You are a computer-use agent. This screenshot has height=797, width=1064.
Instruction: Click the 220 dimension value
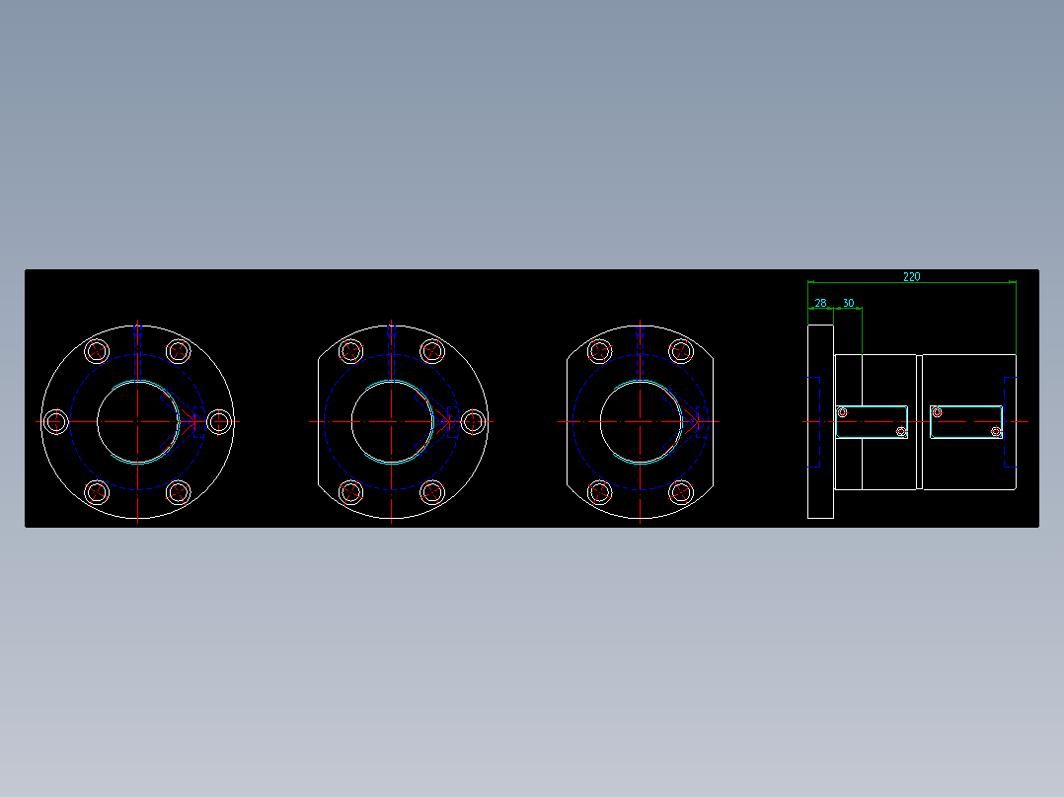(x=911, y=277)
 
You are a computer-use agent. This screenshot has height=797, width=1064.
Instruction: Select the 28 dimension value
(x=820, y=304)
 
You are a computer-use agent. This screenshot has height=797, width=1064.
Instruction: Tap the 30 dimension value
(x=848, y=304)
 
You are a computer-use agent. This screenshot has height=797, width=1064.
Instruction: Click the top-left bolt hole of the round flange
(x=97, y=351)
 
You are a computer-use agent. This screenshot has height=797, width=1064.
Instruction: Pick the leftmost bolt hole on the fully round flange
(x=56, y=422)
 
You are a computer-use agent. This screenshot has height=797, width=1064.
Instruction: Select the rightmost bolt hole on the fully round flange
(x=219, y=422)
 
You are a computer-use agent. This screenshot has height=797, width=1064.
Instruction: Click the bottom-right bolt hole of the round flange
(x=178, y=491)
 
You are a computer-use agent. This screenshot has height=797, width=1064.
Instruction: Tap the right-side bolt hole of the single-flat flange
(x=473, y=422)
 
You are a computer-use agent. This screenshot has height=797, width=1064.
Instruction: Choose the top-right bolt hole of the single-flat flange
(x=432, y=351)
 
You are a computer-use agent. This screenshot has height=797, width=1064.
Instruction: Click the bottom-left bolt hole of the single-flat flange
(x=350, y=491)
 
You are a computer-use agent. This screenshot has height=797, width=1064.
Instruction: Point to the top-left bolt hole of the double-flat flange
(x=599, y=351)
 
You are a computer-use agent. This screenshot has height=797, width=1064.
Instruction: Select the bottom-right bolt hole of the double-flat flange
(x=681, y=491)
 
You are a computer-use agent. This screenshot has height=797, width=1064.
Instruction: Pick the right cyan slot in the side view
(x=966, y=421)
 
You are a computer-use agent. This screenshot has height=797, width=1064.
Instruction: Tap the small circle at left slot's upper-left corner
(x=842, y=412)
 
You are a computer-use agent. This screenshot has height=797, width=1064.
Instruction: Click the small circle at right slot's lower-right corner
(x=996, y=432)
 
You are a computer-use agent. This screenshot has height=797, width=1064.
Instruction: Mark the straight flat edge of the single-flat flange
(x=318, y=421)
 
